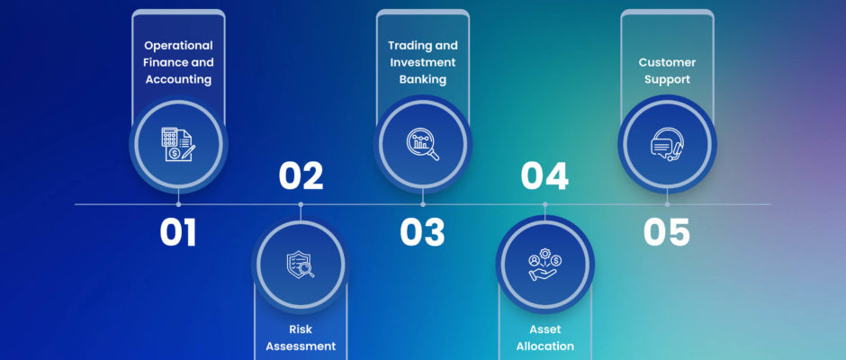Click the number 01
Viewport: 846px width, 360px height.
click(x=178, y=232)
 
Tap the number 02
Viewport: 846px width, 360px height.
click(x=301, y=176)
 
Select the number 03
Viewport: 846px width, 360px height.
click(x=422, y=232)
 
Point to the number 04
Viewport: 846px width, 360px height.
click(x=544, y=176)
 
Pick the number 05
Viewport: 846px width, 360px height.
click(x=667, y=232)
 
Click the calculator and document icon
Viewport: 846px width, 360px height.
click(x=178, y=144)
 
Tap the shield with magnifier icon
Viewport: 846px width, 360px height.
click(x=301, y=265)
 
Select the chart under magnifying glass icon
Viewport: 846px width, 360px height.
click(x=422, y=144)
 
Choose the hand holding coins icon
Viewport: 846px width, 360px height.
click(x=544, y=265)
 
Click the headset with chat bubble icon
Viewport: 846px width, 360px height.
click(x=667, y=144)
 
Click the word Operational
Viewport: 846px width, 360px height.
click(x=178, y=46)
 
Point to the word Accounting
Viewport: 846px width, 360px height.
click(x=178, y=79)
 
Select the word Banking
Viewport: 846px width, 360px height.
click(x=422, y=79)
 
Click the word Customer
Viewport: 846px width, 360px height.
click(x=667, y=62)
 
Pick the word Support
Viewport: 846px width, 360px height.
click(x=667, y=79)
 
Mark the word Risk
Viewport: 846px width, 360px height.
click(x=301, y=329)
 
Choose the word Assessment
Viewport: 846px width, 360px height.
click(x=301, y=346)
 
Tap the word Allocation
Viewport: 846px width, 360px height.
click(x=544, y=346)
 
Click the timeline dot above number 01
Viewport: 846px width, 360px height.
click(x=178, y=204)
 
